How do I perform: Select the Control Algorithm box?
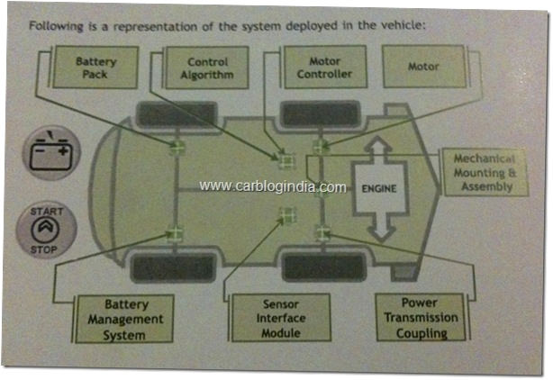pyautogui.click(x=201, y=68)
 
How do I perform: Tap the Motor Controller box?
pyautogui.click(x=323, y=68)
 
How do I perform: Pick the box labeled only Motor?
pyautogui.click(x=422, y=66)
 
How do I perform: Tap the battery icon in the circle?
pyautogui.click(x=50, y=155)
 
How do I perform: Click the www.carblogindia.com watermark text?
pyautogui.click(x=272, y=186)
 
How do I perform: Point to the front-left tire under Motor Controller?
pyautogui.click(x=322, y=114)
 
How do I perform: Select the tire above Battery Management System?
pyautogui.click(x=173, y=267)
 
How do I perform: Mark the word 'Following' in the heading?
pyautogui.click(x=57, y=24)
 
